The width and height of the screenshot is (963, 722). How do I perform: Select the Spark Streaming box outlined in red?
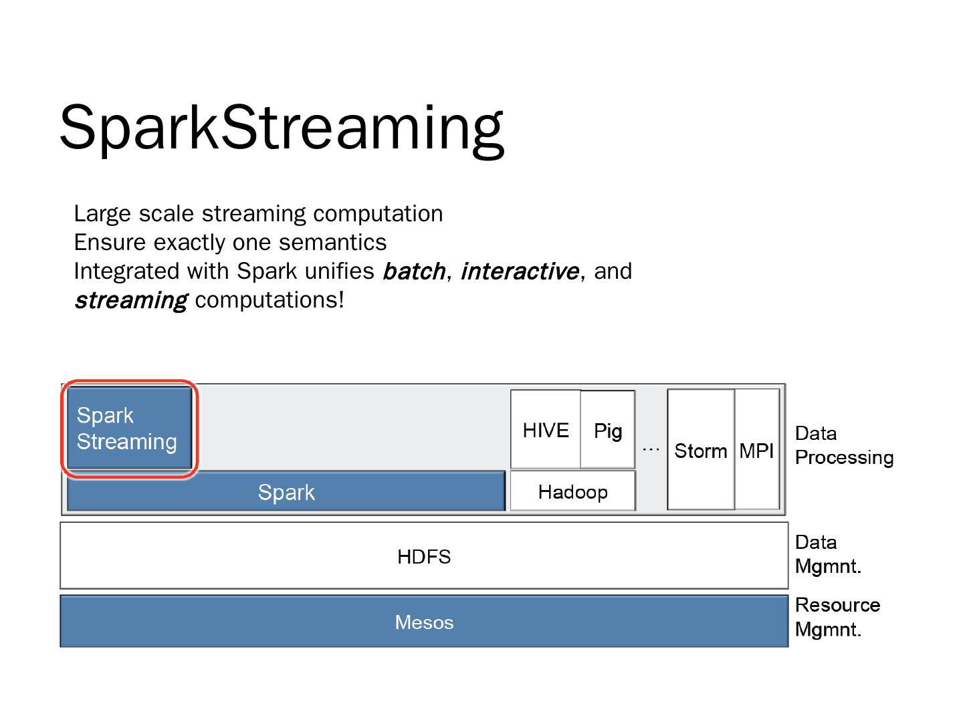click(x=130, y=429)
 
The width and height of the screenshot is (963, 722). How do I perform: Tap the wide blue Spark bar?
click(x=286, y=492)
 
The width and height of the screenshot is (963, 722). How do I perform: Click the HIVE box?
click(x=546, y=430)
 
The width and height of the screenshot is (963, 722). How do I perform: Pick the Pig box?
click(x=608, y=431)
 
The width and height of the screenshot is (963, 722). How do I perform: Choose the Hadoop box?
click(x=572, y=492)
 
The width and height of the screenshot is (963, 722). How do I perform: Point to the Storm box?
click(x=700, y=451)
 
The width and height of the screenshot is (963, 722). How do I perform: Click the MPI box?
click(x=756, y=451)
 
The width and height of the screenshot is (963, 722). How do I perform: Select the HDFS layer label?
click(x=424, y=556)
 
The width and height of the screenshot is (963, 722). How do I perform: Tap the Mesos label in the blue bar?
click(x=424, y=622)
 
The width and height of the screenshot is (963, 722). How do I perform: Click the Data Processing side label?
click(x=843, y=445)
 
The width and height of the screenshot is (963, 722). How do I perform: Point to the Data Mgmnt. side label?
click(x=828, y=554)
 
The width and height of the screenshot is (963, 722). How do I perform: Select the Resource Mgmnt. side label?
click(x=837, y=617)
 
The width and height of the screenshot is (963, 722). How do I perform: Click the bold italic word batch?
click(x=413, y=271)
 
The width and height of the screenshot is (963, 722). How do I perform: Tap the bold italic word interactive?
click(x=520, y=271)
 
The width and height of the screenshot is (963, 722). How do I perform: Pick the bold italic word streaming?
click(x=130, y=300)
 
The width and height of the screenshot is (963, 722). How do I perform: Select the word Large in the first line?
click(x=103, y=214)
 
